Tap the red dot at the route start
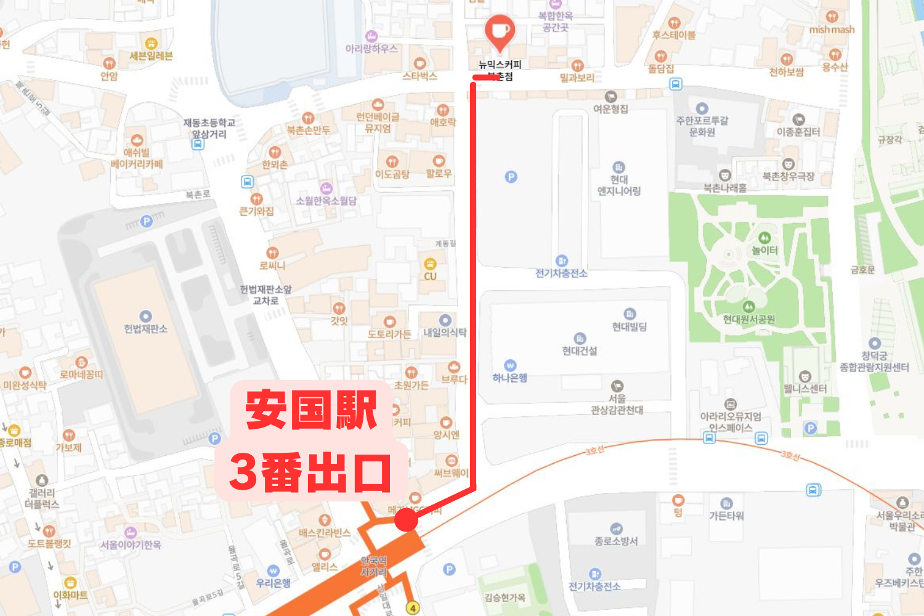tap(406, 519)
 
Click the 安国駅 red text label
tap(311, 410)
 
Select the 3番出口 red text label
tap(310, 472)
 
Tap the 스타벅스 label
tap(419, 76)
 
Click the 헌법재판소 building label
tap(146, 329)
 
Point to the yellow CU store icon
tap(430, 264)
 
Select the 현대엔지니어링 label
tap(619, 185)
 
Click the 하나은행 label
tap(510, 378)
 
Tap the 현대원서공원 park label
tap(749, 319)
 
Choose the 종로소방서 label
tap(616, 541)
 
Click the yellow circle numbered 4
tap(413, 608)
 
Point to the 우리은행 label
tap(274, 583)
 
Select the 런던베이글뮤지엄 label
tap(378, 123)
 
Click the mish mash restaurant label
tap(832, 30)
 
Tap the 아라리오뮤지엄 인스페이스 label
tap(731, 422)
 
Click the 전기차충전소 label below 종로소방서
tap(594, 586)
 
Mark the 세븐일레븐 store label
tap(151, 56)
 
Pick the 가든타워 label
tap(727, 516)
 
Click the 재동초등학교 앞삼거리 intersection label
tap(209, 128)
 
